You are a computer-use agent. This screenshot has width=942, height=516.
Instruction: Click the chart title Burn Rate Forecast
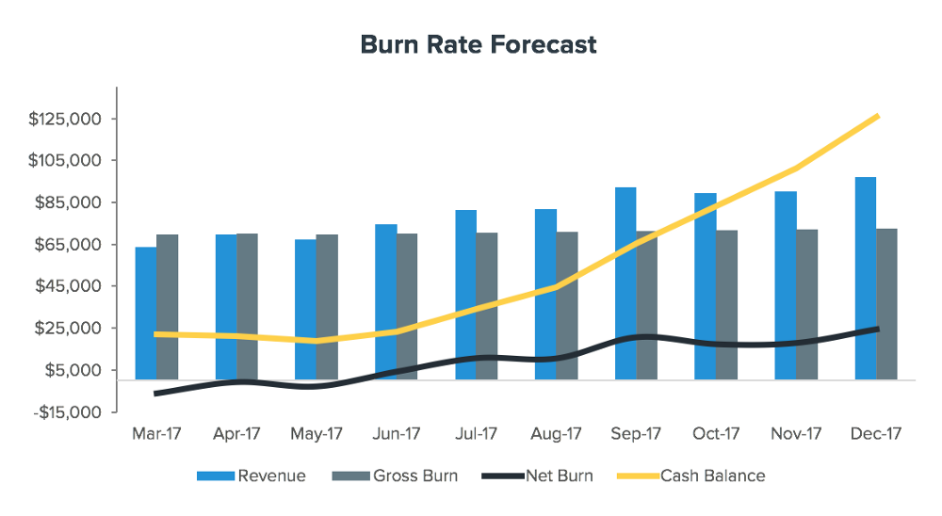(479, 45)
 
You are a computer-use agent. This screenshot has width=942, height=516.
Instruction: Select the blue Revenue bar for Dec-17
(865, 278)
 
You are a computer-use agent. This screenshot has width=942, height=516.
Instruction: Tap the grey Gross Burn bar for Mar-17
(168, 306)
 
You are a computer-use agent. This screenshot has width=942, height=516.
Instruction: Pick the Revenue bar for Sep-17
(625, 282)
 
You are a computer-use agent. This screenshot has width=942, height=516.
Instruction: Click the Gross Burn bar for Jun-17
(407, 306)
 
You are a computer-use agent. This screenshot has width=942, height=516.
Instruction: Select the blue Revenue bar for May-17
(305, 309)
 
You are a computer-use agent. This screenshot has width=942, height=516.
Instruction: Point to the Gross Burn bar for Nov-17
(806, 303)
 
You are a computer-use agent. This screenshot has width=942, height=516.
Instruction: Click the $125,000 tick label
(65, 120)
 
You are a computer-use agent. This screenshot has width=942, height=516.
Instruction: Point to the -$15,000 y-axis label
(66, 412)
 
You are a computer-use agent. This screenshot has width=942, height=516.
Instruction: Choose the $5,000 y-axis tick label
(73, 370)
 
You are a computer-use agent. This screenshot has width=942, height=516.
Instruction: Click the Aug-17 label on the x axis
(556, 434)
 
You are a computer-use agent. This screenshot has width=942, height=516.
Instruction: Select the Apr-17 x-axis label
(236, 434)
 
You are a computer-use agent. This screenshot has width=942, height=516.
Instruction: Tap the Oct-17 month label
(716, 434)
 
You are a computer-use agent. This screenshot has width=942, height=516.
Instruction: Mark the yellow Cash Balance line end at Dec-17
(878, 116)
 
